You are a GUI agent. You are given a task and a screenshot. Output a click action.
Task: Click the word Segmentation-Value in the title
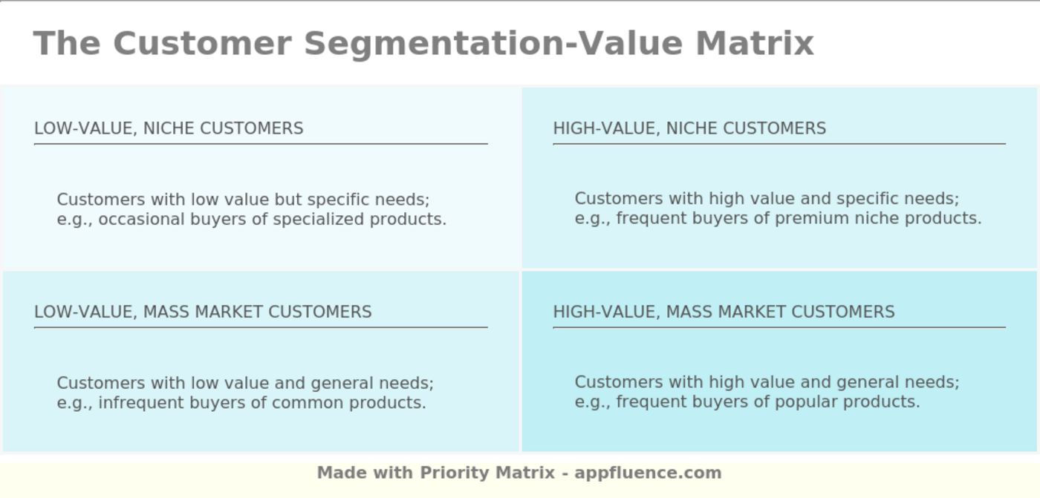493,43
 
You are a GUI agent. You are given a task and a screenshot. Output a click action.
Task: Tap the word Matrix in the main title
755,43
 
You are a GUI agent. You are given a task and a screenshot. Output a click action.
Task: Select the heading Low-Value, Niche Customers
169,128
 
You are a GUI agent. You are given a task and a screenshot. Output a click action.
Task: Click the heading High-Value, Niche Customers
689,128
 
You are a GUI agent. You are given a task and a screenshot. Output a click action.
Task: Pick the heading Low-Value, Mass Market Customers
203,312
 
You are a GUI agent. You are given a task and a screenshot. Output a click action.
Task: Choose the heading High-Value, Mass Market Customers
724,312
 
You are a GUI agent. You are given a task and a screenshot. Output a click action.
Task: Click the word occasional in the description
136,220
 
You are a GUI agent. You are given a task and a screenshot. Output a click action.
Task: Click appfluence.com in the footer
648,473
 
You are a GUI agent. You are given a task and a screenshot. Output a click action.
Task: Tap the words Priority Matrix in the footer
487,473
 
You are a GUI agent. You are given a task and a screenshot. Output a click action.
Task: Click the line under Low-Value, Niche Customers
261,144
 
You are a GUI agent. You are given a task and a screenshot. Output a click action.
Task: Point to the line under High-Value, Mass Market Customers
779,327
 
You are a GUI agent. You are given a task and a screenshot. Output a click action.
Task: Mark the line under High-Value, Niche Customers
779,144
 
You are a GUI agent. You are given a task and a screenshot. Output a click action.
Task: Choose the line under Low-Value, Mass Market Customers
261,327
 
